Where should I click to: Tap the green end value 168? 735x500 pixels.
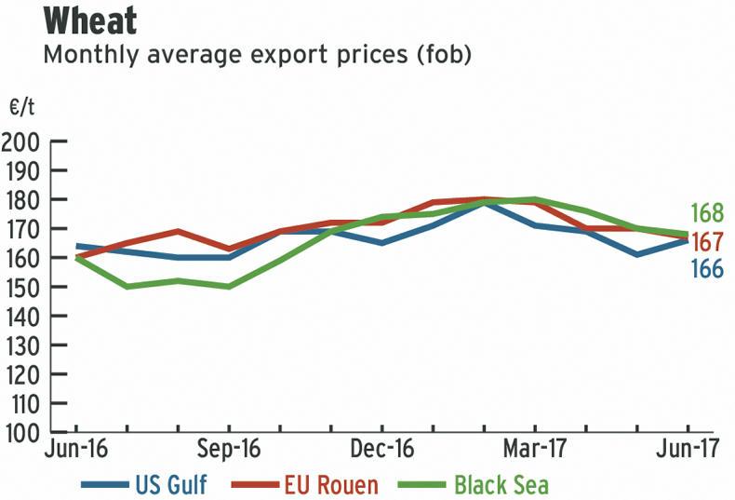tap(707, 213)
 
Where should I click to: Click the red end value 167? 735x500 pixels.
tap(707, 241)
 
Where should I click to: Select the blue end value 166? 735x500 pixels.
tap(707, 269)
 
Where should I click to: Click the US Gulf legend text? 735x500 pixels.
tap(171, 484)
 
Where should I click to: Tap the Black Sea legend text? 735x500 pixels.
tap(501, 484)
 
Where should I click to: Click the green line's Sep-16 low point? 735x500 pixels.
tap(229, 287)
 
